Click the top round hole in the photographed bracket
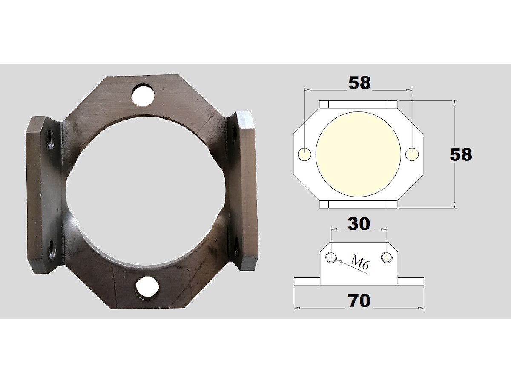(143, 95)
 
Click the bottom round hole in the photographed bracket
(147, 287)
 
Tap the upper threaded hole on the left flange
(50, 139)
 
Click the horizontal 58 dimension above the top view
(359, 83)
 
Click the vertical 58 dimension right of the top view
(461, 154)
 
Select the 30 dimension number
(359, 224)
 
